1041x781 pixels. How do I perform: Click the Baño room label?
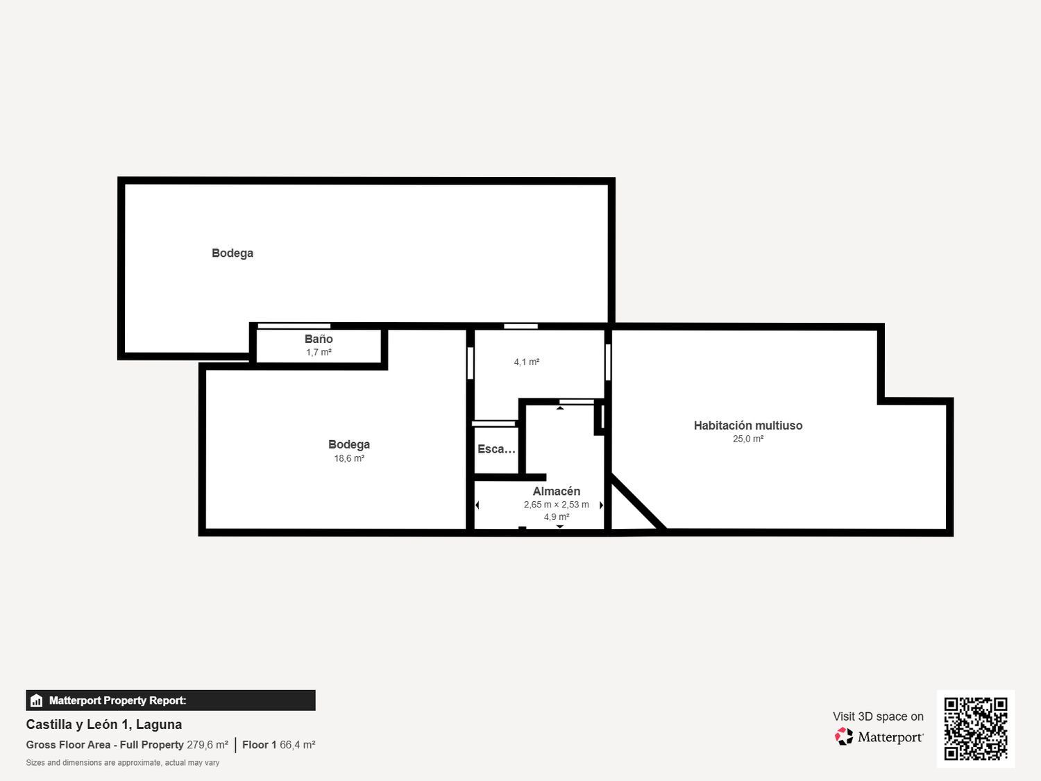[x=319, y=339]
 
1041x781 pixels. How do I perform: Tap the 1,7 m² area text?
[x=319, y=353]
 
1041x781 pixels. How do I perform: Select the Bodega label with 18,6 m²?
[x=349, y=444]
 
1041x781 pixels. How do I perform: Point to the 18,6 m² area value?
[x=349, y=459]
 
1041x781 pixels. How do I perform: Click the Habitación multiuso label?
[x=748, y=426]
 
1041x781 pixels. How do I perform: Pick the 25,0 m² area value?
[x=748, y=439]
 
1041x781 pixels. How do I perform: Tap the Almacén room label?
[x=557, y=492]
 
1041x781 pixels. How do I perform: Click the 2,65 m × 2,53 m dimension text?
[x=557, y=505]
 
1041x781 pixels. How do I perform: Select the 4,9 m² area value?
[x=557, y=517]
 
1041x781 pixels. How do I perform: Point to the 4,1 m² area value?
[x=527, y=362]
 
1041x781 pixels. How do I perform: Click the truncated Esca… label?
[x=496, y=449]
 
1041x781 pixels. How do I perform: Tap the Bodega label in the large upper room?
[x=232, y=253]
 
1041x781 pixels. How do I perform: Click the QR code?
[x=976, y=728]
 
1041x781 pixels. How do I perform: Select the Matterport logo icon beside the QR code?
[x=844, y=737]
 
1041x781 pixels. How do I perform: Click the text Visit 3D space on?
[x=878, y=716]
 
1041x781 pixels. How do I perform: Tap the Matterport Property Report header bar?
[x=171, y=700]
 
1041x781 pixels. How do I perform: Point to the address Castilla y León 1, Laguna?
[x=104, y=724]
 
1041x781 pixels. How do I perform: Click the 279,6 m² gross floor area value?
[x=208, y=745]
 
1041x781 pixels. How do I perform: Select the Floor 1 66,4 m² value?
[x=279, y=745]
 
